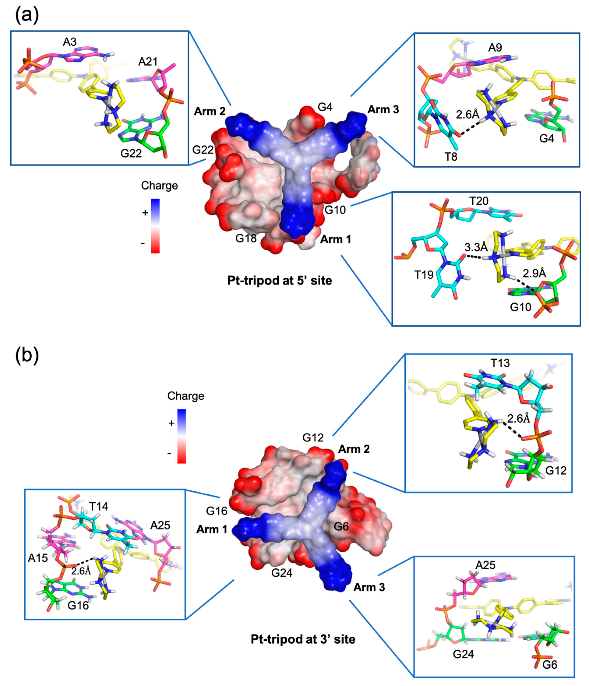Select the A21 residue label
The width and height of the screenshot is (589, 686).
tap(148, 62)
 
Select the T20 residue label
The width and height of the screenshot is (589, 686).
tap(479, 201)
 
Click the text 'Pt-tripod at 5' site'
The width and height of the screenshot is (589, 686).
tap(279, 280)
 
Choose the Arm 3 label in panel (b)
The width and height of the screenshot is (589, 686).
tap(369, 587)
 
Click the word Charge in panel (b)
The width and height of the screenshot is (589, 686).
tap(186, 396)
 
